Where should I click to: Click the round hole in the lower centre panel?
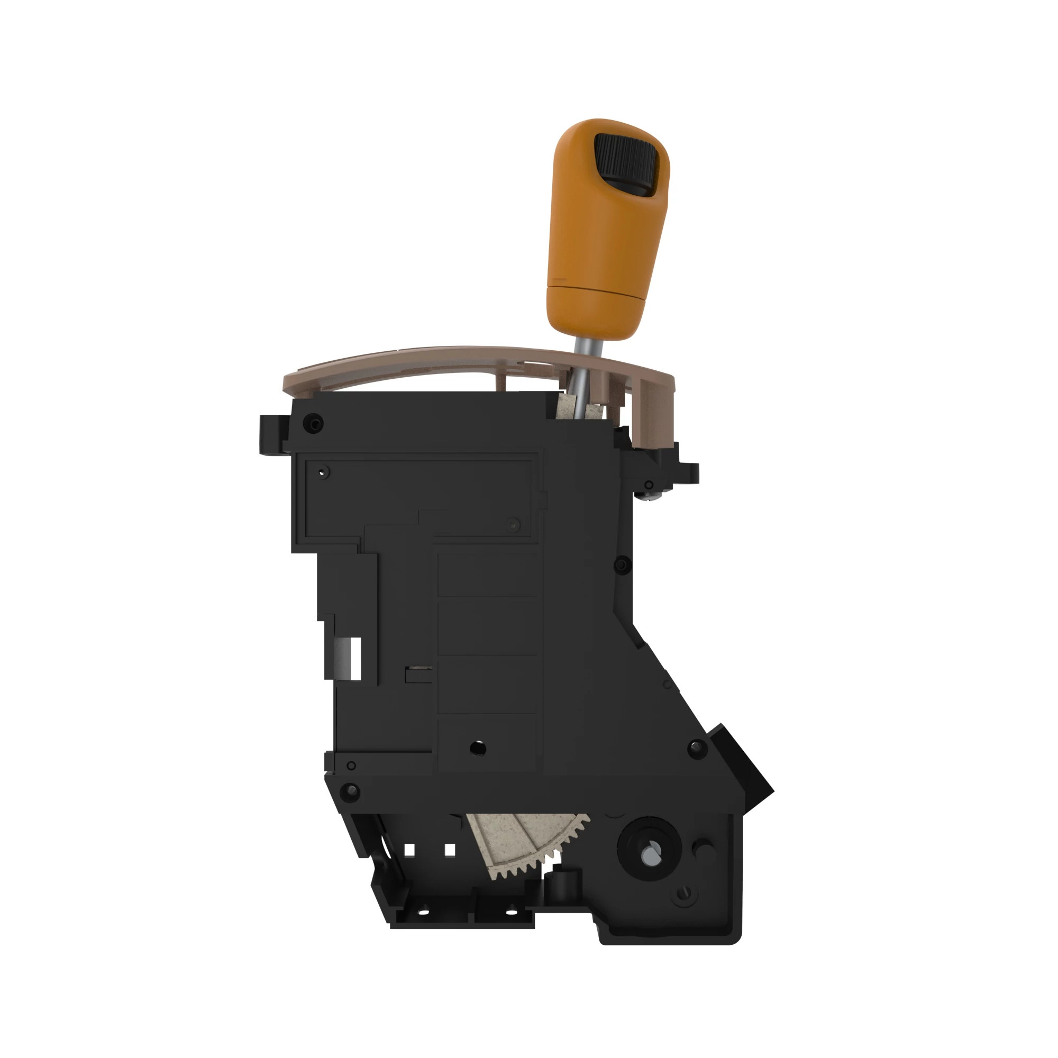pos(478,748)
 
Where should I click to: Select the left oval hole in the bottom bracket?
pos(423,913)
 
